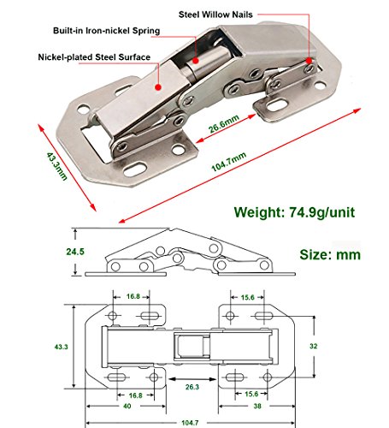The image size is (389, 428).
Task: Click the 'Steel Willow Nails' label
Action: tap(215, 15)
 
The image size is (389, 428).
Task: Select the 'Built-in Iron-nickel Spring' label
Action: tap(106, 31)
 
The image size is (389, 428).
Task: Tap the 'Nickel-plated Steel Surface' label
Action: tap(94, 57)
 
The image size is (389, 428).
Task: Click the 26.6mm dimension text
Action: tap(224, 124)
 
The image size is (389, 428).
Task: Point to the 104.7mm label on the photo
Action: tap(229, 162)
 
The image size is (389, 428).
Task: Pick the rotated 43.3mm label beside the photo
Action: tap(56, 166)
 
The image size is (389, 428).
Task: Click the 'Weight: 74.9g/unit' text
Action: tap(294, 212)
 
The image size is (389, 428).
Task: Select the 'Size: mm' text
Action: tap(330, 254)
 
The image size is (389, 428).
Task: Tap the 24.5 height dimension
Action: tap(75, 252)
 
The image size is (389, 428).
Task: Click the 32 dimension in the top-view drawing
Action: tap(313, 346)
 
